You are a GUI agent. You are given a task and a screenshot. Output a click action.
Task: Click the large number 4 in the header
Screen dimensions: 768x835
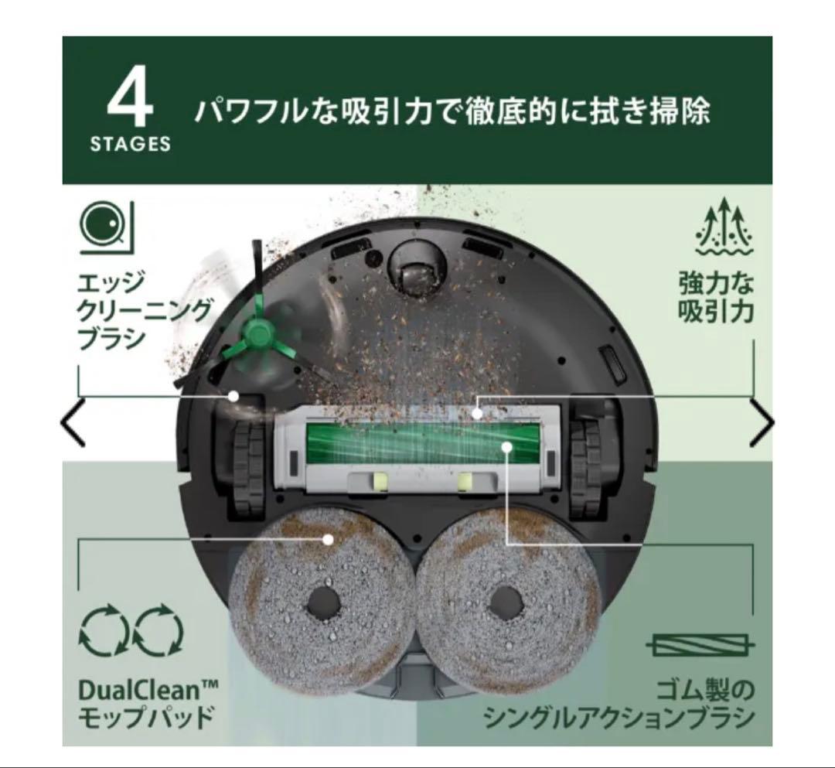tap(129, 99)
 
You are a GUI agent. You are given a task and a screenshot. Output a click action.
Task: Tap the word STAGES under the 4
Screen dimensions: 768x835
tap(130, 145)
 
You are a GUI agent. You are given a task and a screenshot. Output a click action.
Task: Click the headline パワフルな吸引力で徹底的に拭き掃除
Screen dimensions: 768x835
tap(452, 111)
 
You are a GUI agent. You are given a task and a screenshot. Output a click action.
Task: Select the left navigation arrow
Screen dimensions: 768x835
tap(73, 424)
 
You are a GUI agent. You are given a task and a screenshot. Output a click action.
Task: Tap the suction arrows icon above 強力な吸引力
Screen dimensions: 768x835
tap(724, 227)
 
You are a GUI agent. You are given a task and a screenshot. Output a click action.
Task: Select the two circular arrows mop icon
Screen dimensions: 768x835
tap(131, 631)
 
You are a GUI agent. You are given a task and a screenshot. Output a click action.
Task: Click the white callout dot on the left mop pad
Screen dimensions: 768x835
tap(329, 539)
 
